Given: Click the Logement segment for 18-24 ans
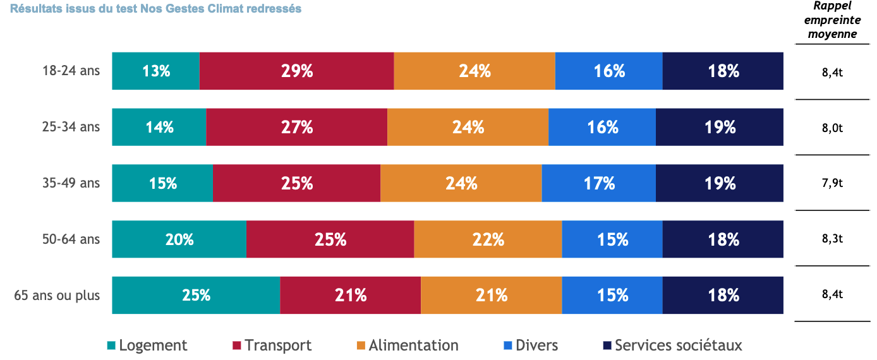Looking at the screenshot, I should tap(156, 71).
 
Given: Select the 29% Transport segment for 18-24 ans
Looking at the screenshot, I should tap(297, 71).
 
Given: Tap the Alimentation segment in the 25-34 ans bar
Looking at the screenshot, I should tap(468, 127).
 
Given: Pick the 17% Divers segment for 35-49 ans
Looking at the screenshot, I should tap(599, 183).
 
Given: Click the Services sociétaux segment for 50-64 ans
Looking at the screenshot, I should tap(723, 239).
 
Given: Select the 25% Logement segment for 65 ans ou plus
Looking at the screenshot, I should tap(197, 295).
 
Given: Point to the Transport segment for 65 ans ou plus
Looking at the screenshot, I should tap(351, 295).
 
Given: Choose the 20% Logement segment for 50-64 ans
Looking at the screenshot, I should tap(179, 239).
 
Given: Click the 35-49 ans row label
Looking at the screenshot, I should tap(71, 183).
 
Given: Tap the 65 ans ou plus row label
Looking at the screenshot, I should tap(57, 295).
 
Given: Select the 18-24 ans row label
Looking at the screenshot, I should tap(71, 71).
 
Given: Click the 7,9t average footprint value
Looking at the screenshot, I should tap(832, 184).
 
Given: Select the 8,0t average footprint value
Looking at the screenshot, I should tap(832, 128).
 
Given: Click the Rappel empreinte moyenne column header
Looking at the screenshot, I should tap(832, 20).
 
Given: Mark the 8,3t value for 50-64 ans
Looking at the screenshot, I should tap(832, 240).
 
